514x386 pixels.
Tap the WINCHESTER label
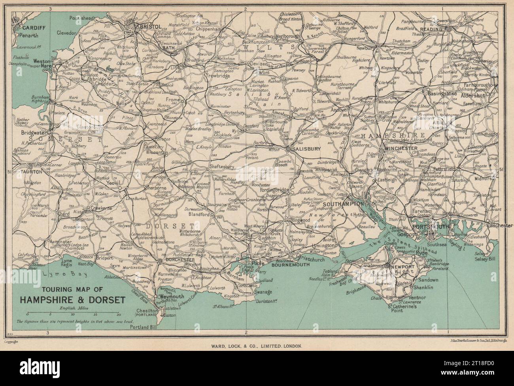click(399, 149)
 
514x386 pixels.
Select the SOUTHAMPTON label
click(343, 204)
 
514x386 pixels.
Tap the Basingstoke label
click(442, 94)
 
